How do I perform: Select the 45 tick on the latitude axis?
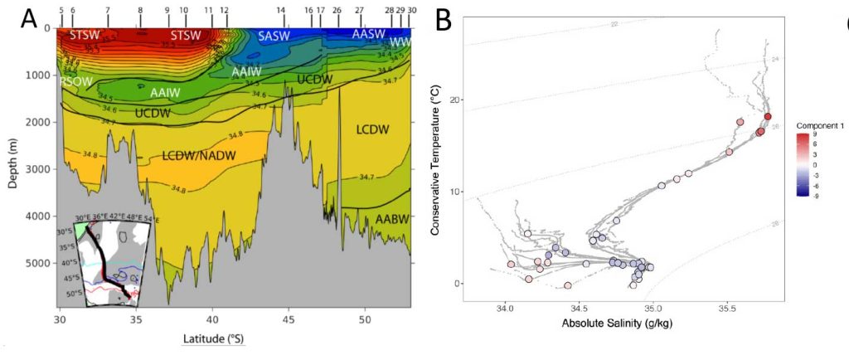click(288, 319)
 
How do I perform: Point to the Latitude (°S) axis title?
click(213, 338)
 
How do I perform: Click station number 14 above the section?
click(281, 10)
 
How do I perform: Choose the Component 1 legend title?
click(821, 124)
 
